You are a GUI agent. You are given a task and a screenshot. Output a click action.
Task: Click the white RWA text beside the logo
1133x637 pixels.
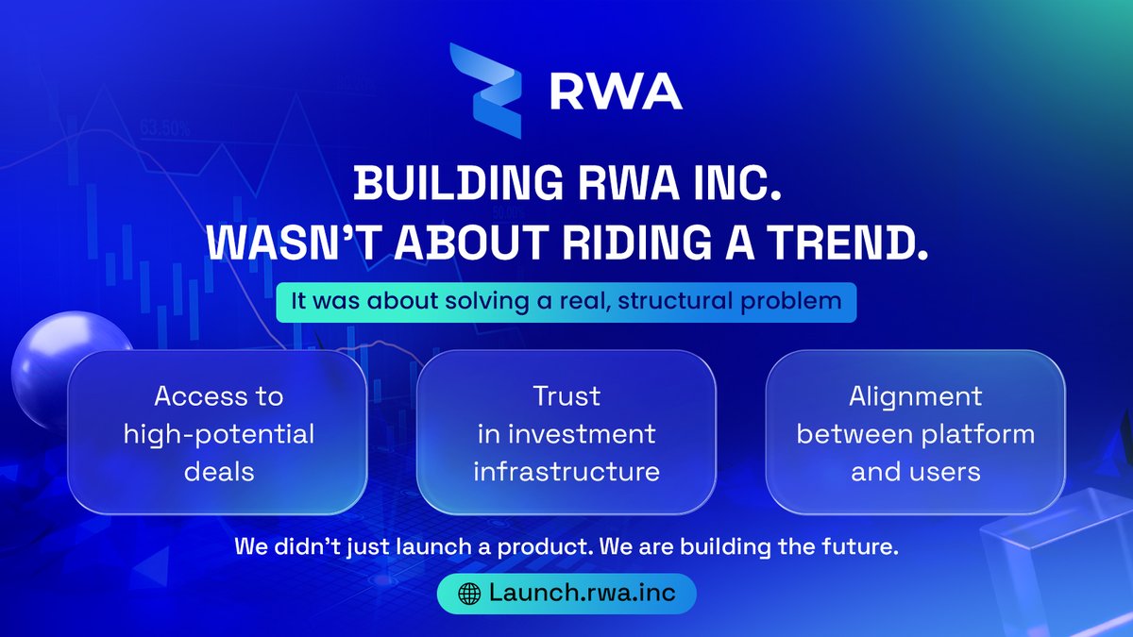pyautogui.click(x=615, y=92)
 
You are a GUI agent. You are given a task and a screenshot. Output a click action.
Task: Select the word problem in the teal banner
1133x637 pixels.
pyautogui.click(x=803, y=303)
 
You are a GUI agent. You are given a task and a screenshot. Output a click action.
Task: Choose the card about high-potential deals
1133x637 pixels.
pyautogui.click(x=218, y=433)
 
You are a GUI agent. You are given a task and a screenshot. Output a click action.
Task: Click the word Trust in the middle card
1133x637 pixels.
pyautogui.click(x=566, y=396)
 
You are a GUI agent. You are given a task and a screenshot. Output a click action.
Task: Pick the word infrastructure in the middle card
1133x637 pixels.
pyautogui.click(x=566, y=470)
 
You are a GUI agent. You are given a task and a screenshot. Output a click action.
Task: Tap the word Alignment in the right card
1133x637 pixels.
pyautogui.click(x=915, y=396)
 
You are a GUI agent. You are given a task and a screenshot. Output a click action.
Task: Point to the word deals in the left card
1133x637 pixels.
pyautogui.click(x=218, y=470)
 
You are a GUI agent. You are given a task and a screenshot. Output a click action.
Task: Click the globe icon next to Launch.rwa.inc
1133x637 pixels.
pyautogui.click(x=468, y=594)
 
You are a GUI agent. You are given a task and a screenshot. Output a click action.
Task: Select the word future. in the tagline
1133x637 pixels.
pyautogui.click(x=860, y=547)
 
